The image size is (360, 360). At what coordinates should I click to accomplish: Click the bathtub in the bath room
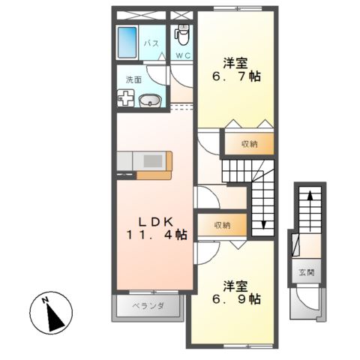point(127,43)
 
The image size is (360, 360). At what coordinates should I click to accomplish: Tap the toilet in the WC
point(182,34)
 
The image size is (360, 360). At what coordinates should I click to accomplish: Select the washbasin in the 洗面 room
point(150,99)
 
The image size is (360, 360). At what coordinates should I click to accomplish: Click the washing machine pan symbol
point(127,99)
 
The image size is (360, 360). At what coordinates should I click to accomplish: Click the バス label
point(151,43)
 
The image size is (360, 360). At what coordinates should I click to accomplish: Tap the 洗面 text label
point(133,79)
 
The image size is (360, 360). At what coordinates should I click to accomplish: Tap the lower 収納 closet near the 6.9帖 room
point(221,225)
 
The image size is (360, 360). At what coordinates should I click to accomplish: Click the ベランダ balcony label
point(148,305)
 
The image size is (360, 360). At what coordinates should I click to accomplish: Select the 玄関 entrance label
point(307,271)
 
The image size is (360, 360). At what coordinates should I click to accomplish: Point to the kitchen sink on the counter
point(153,160)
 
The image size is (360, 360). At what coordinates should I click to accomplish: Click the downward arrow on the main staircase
point(265,223)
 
